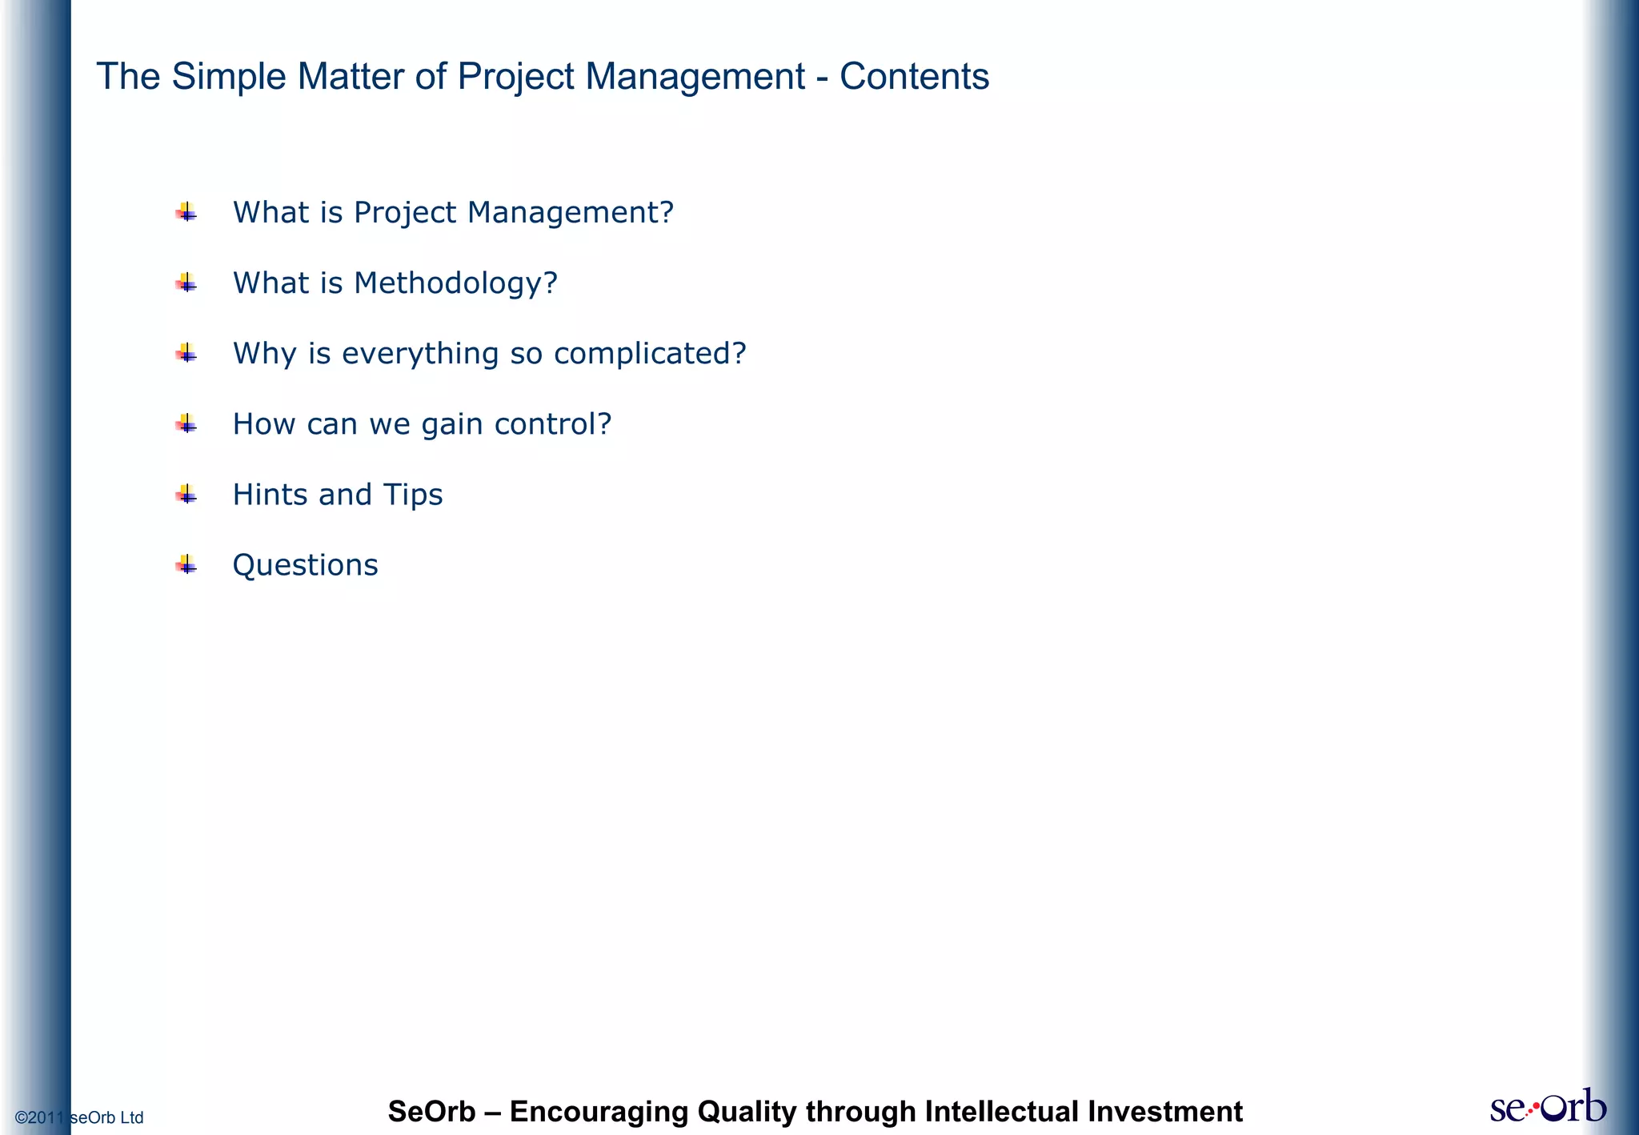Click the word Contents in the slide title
[x=914, y=77]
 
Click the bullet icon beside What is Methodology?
[x=186, y=283]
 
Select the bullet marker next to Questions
[x=186, y=565]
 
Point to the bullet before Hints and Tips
[x=186, y=495]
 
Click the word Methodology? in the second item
[x=455, y=283]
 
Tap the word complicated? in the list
[x=649, y=354]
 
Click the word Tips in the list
[x=413, y=495]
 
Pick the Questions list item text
[x=305, y=565]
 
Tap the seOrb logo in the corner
[x=1548, y=1107]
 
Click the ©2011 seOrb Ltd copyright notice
[x=79, y=1117]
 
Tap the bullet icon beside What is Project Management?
[x=186, y=213]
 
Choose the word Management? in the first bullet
[x=571, y=213]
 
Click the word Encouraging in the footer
[x=599, y=1112]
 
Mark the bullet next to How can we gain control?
[x=186, y=424]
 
